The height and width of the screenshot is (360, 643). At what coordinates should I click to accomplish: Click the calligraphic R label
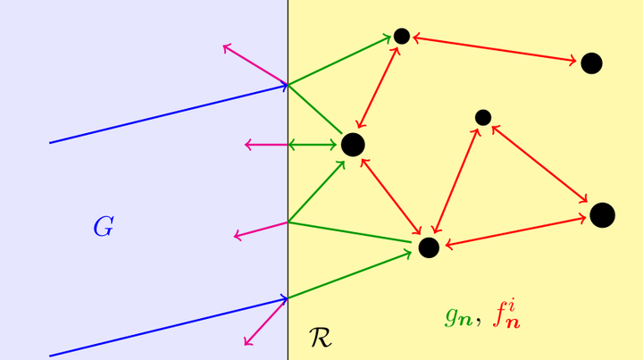pyautogui.click(x=320, y=338)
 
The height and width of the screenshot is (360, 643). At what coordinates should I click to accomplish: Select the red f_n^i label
pyautogui.click(x=505, y=314)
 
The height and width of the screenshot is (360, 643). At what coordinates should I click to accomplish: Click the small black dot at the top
pyautogui.click(x=402, y=36)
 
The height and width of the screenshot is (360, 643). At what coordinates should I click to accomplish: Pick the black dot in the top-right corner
pyautogui.click(x=591, y=63)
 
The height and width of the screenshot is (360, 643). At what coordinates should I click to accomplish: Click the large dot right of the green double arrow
pyautogui.click(x=353, y=144)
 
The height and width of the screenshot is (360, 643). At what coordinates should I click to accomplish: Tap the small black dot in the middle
pyautogui.click(x=483, y=117)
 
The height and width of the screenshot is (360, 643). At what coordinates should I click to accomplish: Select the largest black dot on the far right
pyautogui.click(x=602, y=215)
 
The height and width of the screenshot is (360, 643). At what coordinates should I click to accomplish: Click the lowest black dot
pyautogui.click(x=429, y=247)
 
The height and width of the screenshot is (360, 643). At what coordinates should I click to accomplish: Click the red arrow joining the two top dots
pyautogui.click(x=496, y=49)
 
